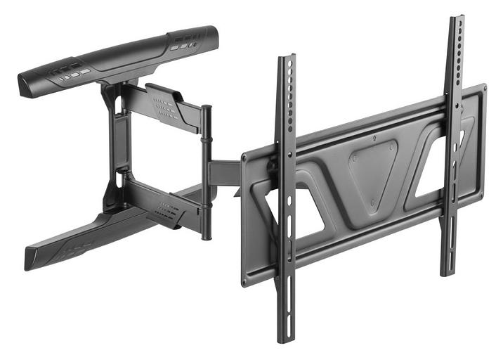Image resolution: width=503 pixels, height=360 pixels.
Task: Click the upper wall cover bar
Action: coord(116,62)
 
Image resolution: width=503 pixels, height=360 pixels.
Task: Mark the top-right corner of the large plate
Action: coord(483,88)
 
